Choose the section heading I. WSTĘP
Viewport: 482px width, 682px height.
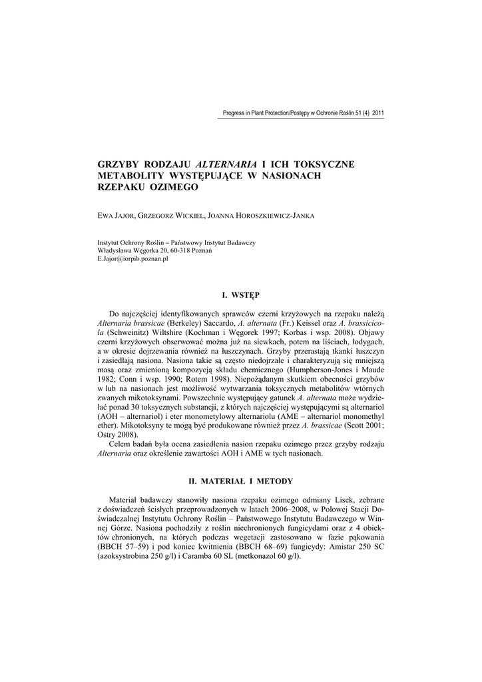[x=240, y=294]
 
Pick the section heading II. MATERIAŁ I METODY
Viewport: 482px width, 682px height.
[x=240, y=481]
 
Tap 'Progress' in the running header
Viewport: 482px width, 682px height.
[x=234, y=113]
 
